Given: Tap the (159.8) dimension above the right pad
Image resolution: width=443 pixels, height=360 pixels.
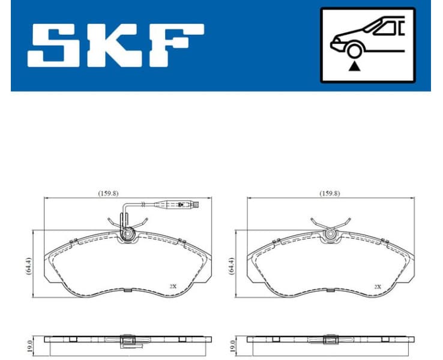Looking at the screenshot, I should point(329,193).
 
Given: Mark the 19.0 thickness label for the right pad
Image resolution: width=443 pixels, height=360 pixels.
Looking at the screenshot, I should point(234,346).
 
